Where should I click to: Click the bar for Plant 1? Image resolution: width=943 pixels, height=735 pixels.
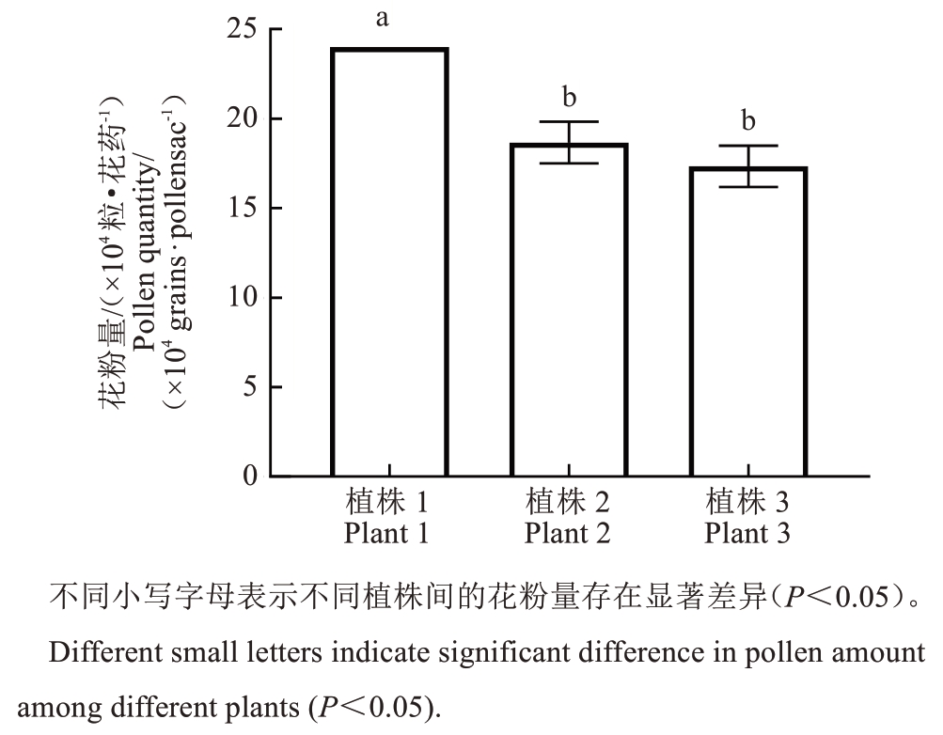coord(388,262)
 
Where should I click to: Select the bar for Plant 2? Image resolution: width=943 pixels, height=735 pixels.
coord(569,310)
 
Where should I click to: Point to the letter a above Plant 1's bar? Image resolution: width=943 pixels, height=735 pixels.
coord(383,19)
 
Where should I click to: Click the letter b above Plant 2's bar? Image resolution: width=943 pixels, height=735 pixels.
coord(569,97)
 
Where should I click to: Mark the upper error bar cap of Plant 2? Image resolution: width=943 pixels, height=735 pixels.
coord(569,122)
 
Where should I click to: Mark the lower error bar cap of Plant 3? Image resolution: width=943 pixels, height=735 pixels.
coord(748,187)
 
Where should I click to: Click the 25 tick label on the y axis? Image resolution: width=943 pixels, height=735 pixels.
coord(242,29)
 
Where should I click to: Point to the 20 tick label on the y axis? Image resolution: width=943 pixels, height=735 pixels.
coord(242,119)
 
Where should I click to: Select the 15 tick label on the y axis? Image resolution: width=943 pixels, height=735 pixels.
coord(242,209)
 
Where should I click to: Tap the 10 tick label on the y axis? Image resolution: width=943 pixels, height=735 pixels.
coord(242,298)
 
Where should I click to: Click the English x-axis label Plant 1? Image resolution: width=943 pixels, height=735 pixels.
coord(387,534)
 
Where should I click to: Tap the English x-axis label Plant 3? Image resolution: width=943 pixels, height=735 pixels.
coord(747,534)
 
